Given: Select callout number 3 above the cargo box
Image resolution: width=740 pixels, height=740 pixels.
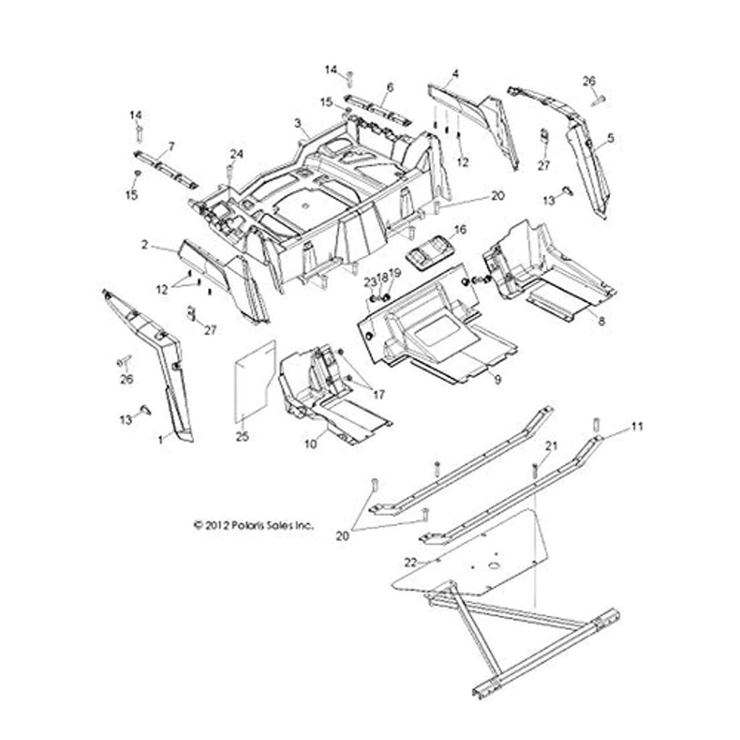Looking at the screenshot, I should click(x=297, y=122).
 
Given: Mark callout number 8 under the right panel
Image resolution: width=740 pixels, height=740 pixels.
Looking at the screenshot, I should click(x=601, y=322).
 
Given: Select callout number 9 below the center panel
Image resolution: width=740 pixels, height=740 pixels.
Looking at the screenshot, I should click(x=498, y=379).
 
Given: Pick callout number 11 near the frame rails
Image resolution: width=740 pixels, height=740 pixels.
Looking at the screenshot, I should click(x=637, y=427).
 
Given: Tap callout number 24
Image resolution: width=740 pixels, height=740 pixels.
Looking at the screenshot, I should click(x=236, y=154).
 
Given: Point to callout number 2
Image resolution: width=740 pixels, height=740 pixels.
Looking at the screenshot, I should click(x=146, y=243).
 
